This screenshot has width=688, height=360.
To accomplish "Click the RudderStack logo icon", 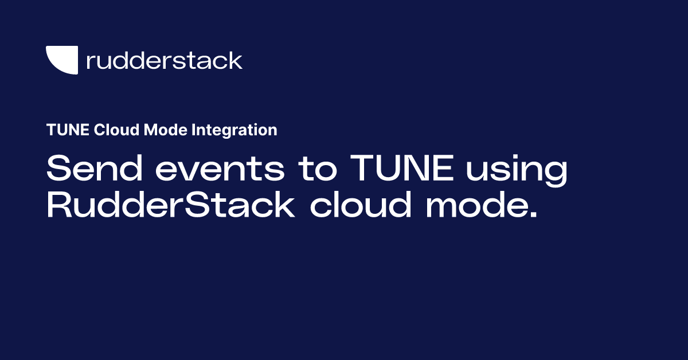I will coord(62,60).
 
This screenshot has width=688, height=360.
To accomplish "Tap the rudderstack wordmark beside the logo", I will coord(164,60).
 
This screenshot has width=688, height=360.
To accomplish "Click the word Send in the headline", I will coord(89,170).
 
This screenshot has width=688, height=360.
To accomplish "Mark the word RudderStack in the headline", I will coord(170,206).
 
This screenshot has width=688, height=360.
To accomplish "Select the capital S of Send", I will coord(58,170).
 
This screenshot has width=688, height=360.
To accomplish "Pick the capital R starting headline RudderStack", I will coord(58,206).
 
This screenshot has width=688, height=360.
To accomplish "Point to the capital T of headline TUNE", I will coord(363,170).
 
